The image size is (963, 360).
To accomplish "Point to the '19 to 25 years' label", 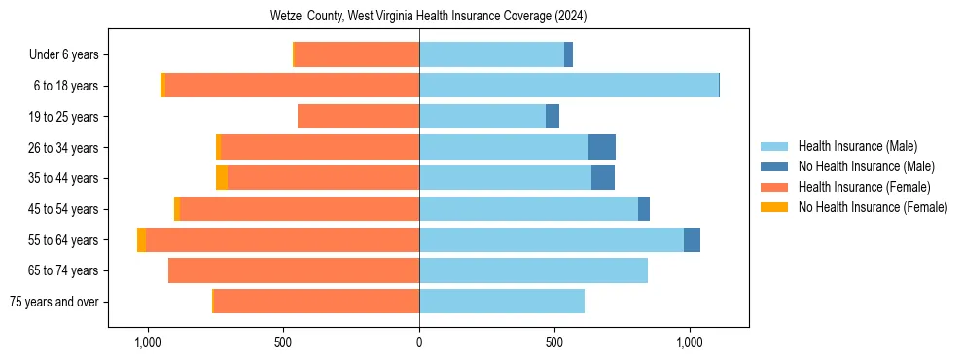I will tap(64, 117).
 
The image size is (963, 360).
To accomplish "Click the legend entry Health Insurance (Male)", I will tap(857, 146).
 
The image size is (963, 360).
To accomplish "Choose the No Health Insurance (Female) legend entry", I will tap(873, 207).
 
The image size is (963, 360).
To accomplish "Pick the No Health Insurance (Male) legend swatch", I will tap(775, 166).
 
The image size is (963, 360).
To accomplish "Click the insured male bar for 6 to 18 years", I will tap(569, 86).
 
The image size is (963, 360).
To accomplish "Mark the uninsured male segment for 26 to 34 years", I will tap(602, 147).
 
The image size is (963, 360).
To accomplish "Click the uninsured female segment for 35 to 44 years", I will tap(222, 178).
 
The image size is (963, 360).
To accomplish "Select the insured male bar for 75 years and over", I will tap(502, 302).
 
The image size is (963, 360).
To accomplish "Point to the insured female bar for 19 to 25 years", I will tap(358, 117).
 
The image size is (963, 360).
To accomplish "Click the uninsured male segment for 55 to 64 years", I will tap(692, 239).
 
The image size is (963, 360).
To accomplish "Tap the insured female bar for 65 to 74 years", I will tap(294, 270).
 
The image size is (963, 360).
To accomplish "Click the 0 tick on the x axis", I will tap(419, 342).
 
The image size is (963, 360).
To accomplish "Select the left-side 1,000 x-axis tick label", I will tap(148, 342).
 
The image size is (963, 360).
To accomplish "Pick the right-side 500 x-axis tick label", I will tap(554, 342).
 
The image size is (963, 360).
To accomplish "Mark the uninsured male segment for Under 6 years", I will tap(568, 54).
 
